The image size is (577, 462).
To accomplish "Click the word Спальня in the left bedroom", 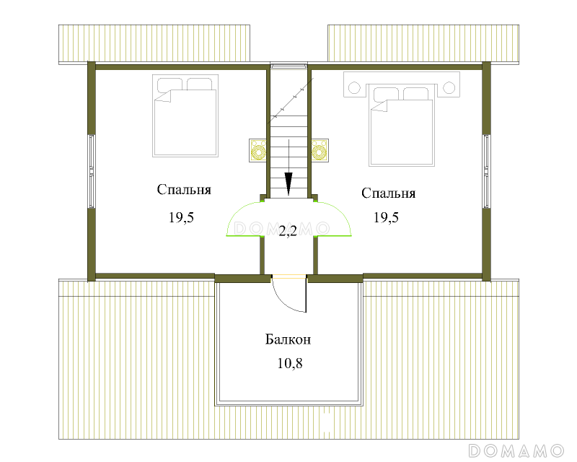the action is tap(184, 190).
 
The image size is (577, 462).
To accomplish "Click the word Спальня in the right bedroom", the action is tap(388, 193).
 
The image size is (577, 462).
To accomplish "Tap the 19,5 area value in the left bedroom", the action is tap(181, 217).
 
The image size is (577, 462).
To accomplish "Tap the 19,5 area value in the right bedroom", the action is tap(386, 217).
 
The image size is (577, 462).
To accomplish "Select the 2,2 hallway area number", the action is tap(288, 232).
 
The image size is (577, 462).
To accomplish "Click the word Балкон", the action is tap(288, 339).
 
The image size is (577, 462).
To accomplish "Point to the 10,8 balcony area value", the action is tap(290, 363).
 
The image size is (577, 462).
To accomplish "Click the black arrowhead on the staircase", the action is tap(288, 183).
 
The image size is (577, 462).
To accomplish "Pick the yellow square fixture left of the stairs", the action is tap(258, 150).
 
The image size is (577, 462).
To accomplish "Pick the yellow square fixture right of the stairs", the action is tap(320, 150).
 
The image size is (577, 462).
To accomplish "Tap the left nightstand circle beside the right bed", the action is tap(354, 87).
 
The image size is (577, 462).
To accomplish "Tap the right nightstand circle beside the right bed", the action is tap(449, 87).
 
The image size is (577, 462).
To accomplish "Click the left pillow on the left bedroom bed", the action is tap(169, 84).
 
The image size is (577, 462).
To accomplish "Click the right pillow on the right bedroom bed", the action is tap(416, 94).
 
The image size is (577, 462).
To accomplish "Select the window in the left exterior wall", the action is tap(92, 171).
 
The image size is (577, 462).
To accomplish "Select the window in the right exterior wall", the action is tap(486, 171).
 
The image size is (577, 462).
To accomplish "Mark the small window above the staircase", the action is tap(288, 66).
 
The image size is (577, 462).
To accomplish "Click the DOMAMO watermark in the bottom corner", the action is tap(516, 450).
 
